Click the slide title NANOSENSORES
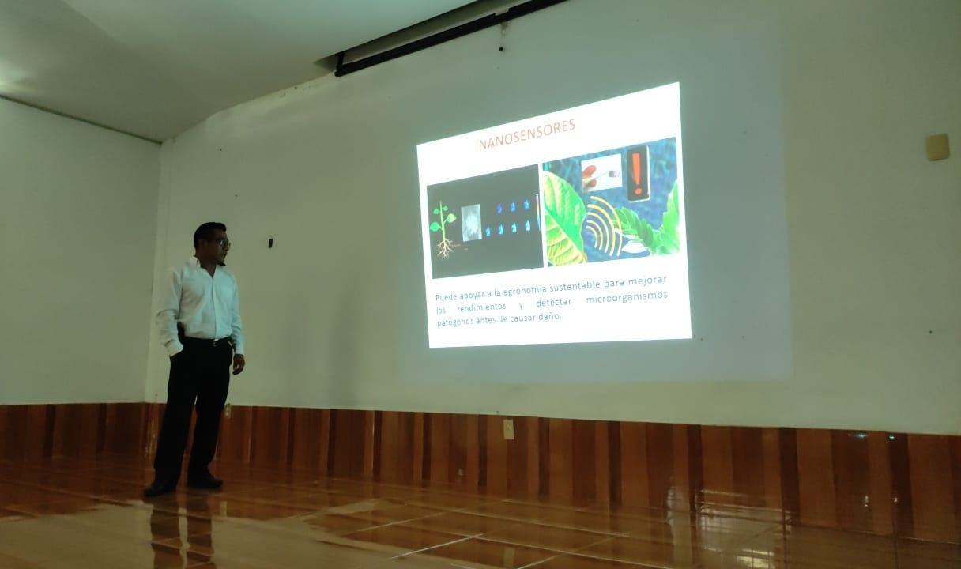[527, 134]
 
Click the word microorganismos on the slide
[627, 297]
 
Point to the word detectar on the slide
[553, 303]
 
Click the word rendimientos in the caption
[481, 307]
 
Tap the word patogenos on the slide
[454, 322]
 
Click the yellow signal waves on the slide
[604, 227]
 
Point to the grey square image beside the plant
[472, 222]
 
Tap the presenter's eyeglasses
[224, 243]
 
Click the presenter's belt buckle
[217, 342]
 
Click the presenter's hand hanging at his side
[238, 364]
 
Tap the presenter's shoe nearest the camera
[160, 488]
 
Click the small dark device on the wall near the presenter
[270, 243]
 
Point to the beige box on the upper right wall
[937, 147]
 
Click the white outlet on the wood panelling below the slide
[508, 429]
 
